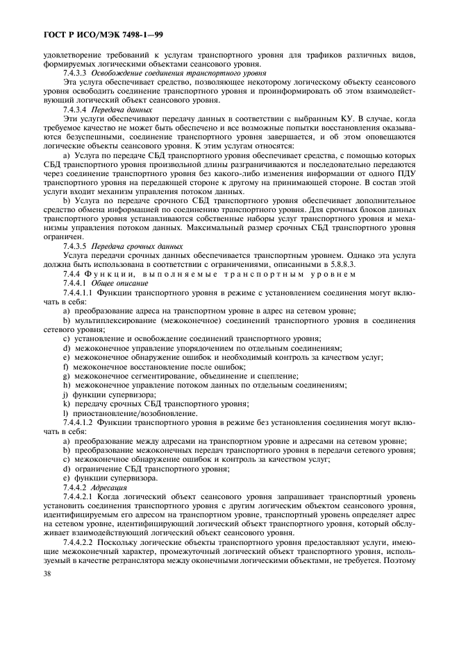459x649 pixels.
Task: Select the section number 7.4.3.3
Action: point(74,73)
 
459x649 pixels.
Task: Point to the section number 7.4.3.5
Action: point(74,245)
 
